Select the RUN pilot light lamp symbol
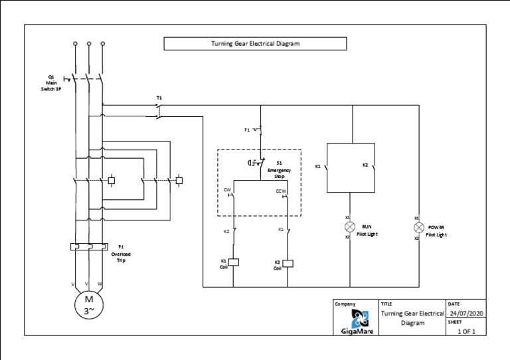point(350,227)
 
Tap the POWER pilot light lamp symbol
point(419,227)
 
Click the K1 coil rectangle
point(233,262)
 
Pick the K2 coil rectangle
point(288,263)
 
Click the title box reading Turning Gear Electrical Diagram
point(255,44)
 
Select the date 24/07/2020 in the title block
point(467,314)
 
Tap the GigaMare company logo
point(356,319)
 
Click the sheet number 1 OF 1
point(467,331)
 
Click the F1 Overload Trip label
point(120,253)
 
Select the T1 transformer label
point(159,98)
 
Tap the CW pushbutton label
point(227,190)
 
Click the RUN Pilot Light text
point(367,230)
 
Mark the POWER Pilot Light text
point(436,230)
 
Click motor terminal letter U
point(72,284)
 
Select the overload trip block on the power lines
point(88,247)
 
